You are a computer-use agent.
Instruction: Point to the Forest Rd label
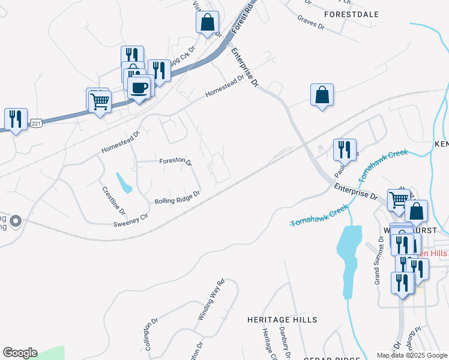(243, 17)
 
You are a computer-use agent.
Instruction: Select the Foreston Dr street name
(175, 162)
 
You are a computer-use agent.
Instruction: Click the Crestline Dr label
(113, 200)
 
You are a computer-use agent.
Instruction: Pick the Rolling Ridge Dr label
(177, 198)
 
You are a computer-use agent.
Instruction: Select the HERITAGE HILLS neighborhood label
(282, 320)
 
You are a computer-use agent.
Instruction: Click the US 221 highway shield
(36, 123)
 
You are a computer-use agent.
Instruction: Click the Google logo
(20, 353)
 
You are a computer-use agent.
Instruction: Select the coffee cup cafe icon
(139, 88)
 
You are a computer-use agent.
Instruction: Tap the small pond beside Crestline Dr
(124, 183)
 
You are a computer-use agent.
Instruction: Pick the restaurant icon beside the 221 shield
(16, 119)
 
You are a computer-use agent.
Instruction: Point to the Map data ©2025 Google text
(411, 355)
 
